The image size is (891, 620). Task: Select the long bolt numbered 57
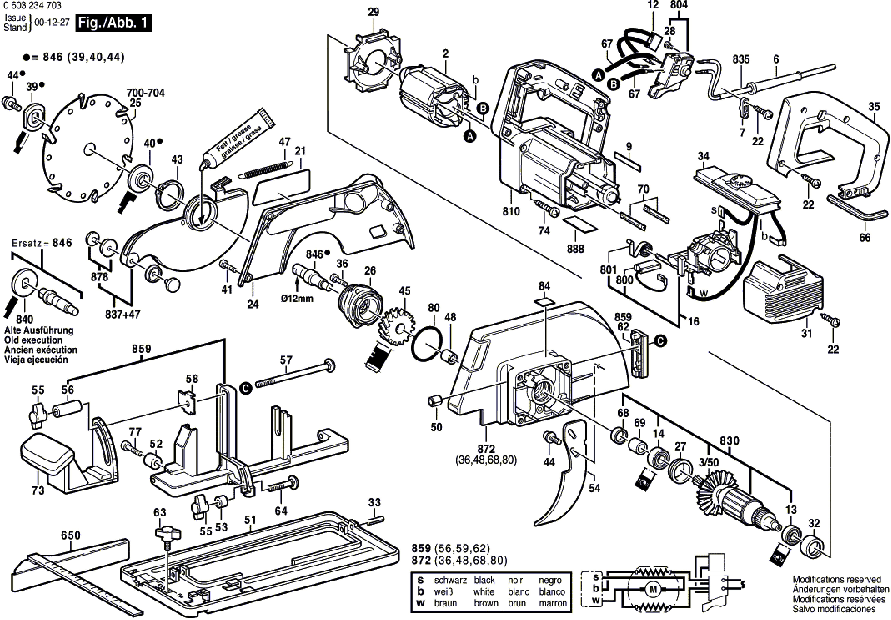pyautogui.click(x=295, y=374)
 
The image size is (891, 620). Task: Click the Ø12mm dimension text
pyautogui.click(x=297, y=299)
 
